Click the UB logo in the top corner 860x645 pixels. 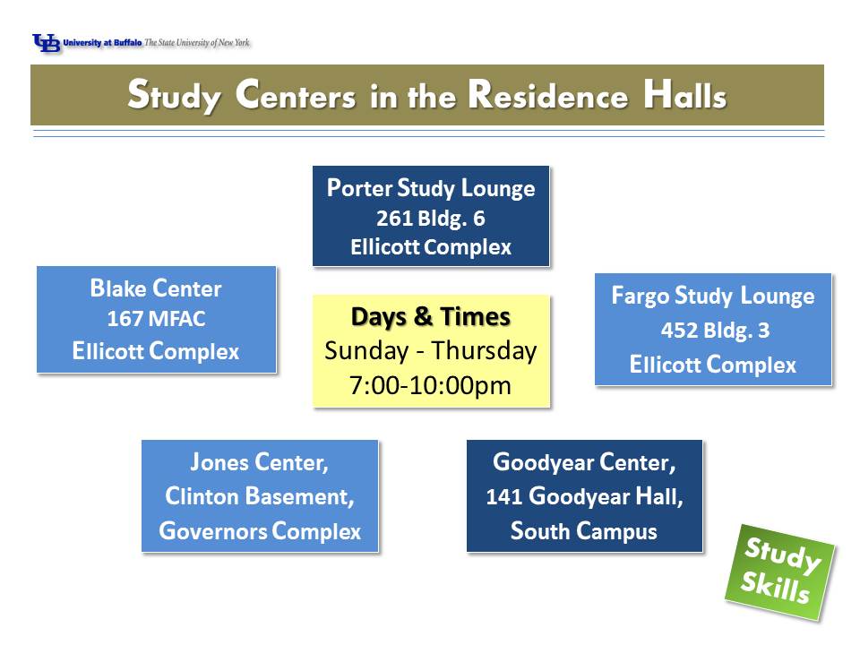pos(46,43)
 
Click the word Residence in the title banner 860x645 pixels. pos(548,95)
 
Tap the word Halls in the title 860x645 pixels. pos(685,95)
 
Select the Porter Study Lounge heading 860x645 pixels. pos(431,188)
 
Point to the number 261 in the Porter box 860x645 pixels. pos(394,219)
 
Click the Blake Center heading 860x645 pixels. pos(156,288)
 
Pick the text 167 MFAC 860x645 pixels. pos(156,319)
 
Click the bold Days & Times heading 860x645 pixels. pos(431,317)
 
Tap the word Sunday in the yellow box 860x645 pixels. pos(366,351)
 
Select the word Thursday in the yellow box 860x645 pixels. pos(484,351)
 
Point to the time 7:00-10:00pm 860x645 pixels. pos(431,385)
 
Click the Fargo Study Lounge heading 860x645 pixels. pos(713,297)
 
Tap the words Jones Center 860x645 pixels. pos(259,462)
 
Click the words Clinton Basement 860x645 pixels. pos(260,496)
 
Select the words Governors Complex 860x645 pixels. pos(260,531)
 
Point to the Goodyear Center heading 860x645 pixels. pos(584,462)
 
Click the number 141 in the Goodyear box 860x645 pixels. pos(503,497)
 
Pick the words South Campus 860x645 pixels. pos(584,531)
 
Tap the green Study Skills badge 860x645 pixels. pos(779,572)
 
